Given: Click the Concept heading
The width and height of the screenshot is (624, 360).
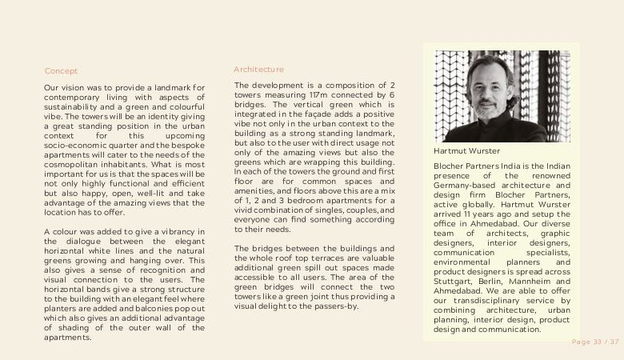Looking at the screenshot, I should click(61, 71).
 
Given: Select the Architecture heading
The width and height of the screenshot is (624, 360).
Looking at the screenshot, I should click(258, 70).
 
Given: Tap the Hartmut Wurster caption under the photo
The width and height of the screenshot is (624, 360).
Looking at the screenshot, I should click(466, 150).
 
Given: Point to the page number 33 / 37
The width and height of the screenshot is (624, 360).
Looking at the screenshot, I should click(595, 342).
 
